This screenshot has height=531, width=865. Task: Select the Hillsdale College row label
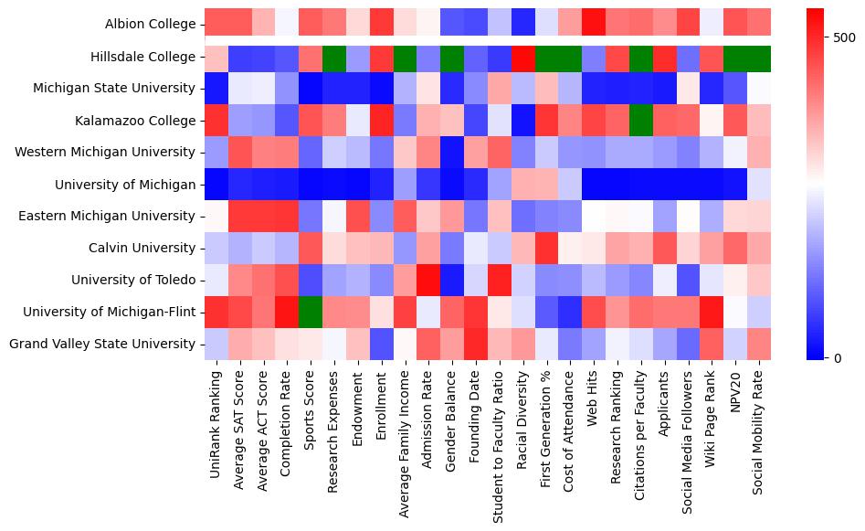[143, 57]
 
